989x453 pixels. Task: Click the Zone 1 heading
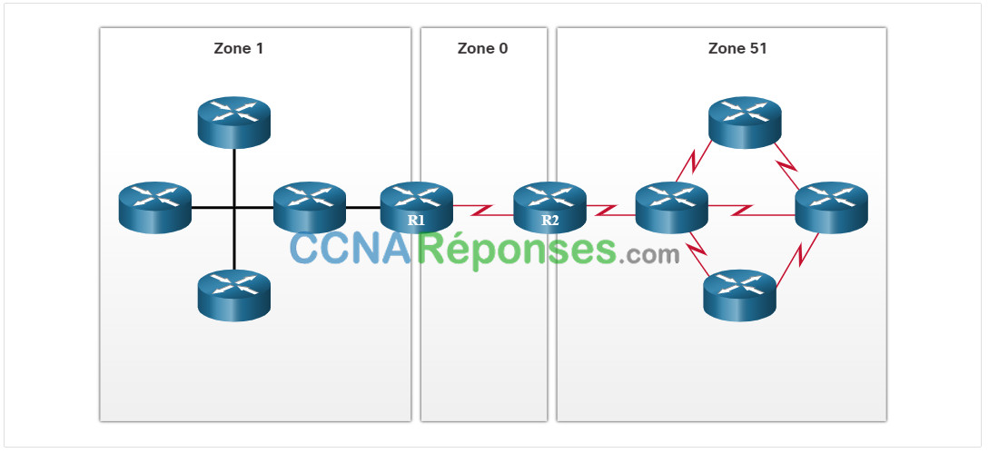click(x=239, y=49)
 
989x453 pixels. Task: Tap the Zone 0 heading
click(x=482, y=49)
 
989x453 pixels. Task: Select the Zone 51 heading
click(x=737, y=49)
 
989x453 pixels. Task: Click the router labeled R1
click(x=416, y=207)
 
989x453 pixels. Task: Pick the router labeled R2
click(x=550, y=207)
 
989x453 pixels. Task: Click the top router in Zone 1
click(x=234, y=123)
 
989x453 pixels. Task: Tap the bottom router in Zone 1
click(x=234, y=295)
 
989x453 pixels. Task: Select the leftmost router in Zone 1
click(x=155, y=207)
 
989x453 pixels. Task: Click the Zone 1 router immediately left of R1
click(x=310, y=207)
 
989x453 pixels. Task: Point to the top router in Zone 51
click(x=745, y=123)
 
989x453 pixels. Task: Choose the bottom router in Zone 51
click(x=740, y=295)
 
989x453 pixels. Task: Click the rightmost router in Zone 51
click(x=831, y=207)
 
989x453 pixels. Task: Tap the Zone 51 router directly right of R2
click(x=672, y=207)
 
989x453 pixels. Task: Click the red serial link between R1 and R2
click(x=483, y=211)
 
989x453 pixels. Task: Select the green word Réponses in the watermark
click(x=515, y=250)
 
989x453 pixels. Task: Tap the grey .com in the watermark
click(x=649, y=253)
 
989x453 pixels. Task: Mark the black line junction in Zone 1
click(x=234, y=208)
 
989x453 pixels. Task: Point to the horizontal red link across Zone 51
click(x=751, y=211)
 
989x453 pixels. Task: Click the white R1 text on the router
click(x=416, y=221)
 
